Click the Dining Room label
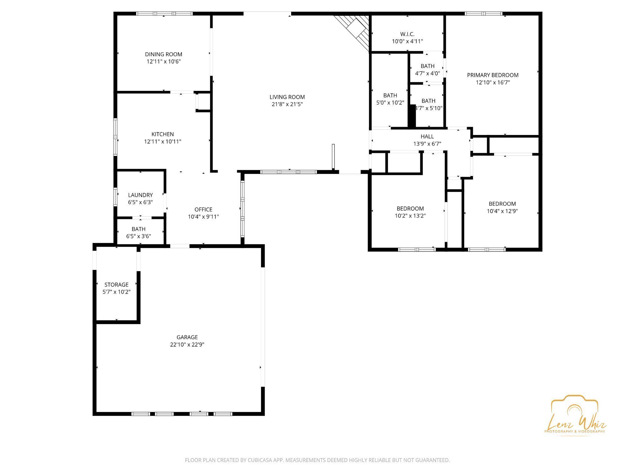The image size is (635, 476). point(163,54)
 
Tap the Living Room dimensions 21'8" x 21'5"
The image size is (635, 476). point(287,104)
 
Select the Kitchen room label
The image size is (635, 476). point(162,134)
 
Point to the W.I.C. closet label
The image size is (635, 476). point(407,34)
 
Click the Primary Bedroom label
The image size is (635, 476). point(493,75)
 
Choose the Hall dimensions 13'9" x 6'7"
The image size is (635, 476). point(427,144)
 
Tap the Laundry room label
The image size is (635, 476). point(140,195)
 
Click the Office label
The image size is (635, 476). point(203,209)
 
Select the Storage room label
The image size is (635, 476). point(116,285)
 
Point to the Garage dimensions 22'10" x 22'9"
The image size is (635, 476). point(187,344)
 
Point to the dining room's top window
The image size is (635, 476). point(164,14)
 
